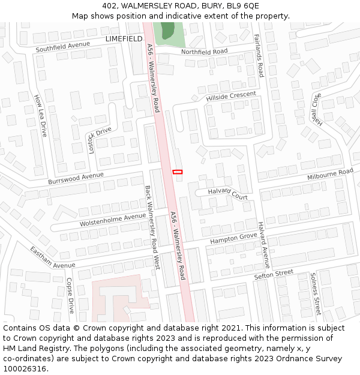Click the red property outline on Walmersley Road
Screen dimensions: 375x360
[x=177, y=172]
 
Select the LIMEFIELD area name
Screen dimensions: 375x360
[x=124, y=38]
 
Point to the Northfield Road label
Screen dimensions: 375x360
[x=205, y=52]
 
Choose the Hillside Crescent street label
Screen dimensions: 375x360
[x=231, y=96]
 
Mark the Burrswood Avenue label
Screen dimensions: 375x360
[x=76, y=178]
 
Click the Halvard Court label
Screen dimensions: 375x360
[x=228, y=193]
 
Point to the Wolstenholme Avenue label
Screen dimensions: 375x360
[x=113, y=220]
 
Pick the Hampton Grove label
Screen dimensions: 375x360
[x=233, y=239]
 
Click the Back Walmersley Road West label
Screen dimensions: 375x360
[x=152, y=226]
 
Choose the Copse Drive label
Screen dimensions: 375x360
[x=70, y=295]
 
